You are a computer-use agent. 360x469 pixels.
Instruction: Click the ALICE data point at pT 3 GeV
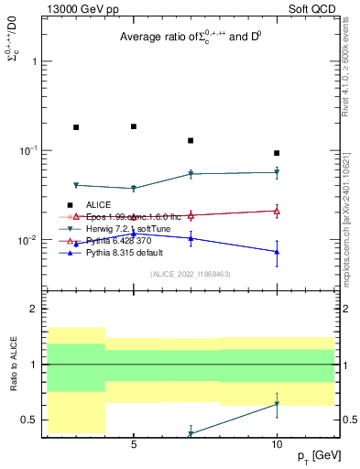click(76, 127)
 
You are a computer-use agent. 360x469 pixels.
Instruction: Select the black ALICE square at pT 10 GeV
click(277, 153)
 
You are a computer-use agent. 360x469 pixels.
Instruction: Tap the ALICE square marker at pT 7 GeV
click(191, 141)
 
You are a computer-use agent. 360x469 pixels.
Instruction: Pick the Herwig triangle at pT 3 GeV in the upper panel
click(76, 185)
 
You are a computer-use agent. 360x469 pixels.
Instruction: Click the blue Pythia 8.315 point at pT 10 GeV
click(277, 252)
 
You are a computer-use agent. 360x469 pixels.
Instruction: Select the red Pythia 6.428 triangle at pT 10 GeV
click(277, 211)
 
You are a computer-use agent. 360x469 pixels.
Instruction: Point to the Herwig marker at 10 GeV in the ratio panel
click(277, 404)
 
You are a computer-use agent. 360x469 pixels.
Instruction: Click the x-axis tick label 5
click(134, 445)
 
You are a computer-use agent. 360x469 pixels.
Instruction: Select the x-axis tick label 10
click(277, 445)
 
